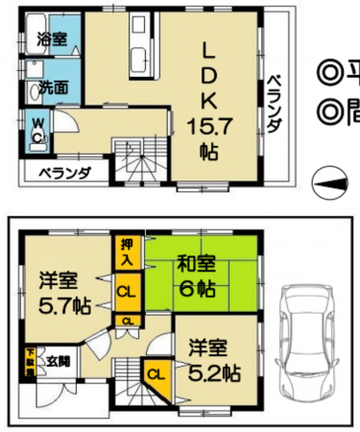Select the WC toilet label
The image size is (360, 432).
36,130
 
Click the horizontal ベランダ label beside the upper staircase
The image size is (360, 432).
65,174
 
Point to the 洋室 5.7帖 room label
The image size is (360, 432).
65,297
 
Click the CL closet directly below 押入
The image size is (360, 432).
127,289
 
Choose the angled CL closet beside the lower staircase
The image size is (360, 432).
156,375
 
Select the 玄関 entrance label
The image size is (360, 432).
57,360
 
